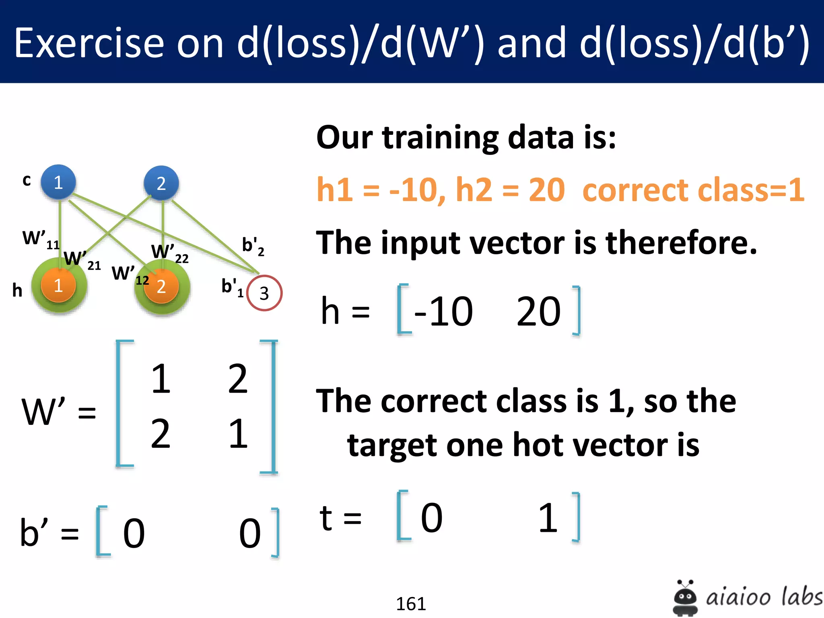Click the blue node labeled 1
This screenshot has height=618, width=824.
coord(58,182)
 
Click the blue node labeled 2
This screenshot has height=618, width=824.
coord(161,183)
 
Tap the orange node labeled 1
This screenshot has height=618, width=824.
coord(58,285)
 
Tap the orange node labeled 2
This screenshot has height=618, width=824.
coord(161,286)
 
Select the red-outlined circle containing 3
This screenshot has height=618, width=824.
coord(264,293)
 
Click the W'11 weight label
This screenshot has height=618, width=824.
coord(40,239)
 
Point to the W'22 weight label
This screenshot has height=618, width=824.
coord(169,253)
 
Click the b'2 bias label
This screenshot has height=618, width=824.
coord(253,246)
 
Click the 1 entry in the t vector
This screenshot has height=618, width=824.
coord(548,518)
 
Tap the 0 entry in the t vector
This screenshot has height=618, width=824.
coord(432,518)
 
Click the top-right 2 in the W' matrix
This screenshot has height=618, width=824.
coord(238,379)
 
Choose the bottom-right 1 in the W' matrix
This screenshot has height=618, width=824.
coord(238,433)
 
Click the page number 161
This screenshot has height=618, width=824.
coord(411,604)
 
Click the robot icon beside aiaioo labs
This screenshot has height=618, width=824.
coord(685,598)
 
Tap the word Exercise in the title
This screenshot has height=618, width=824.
coord(89,43)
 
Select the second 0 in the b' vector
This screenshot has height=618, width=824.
coord(250,533)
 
